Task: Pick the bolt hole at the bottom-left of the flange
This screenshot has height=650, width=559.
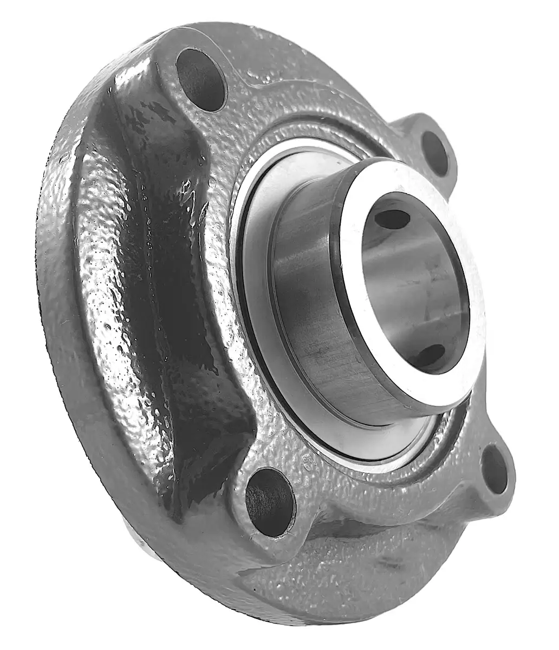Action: [x=269, y=496]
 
